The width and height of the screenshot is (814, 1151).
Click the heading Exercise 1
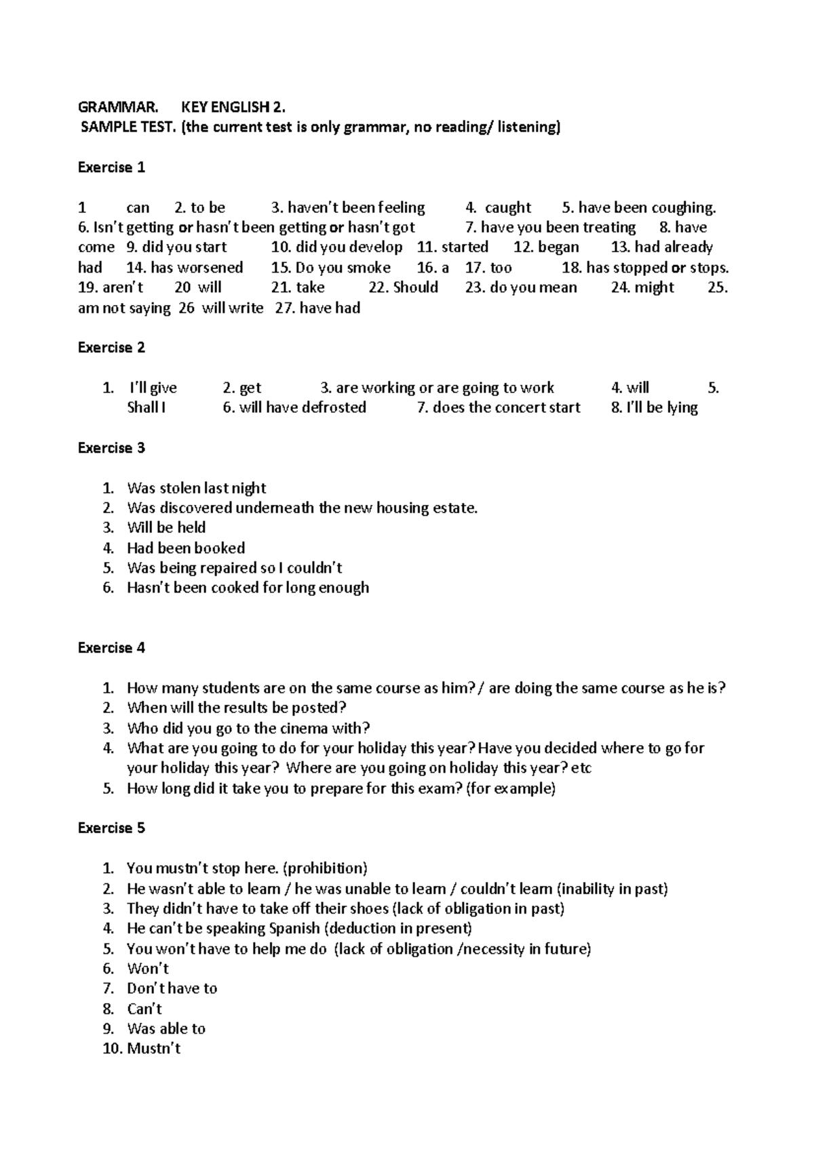pos(111,167)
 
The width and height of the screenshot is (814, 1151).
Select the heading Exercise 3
pos(111,448)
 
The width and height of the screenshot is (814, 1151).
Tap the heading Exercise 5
pos(111,828)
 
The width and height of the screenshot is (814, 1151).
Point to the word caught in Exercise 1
pos(507,207)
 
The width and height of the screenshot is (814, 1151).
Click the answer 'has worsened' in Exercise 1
pos(197,268)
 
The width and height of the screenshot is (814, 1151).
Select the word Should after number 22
pos(415,287)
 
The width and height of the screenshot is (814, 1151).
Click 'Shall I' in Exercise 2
pos(146,407)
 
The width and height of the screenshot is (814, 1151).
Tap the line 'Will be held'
pos(166,527)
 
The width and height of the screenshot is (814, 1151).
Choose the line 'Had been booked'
pos(186,548)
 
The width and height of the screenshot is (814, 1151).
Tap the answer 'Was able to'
pos(166,1029)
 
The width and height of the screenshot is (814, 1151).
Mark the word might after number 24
pos(654,287)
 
